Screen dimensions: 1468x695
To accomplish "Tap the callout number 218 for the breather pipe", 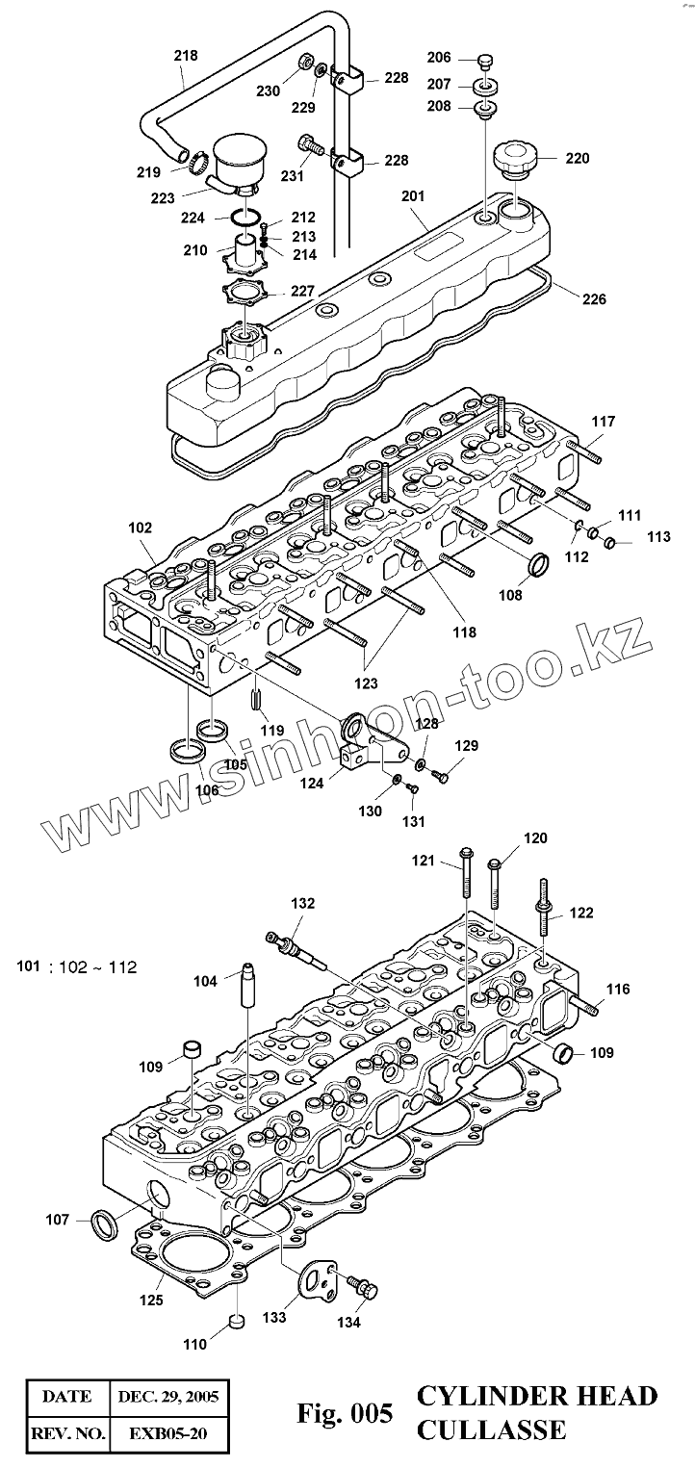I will coord(186,55).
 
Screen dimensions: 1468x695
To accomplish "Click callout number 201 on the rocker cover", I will coord(412,196).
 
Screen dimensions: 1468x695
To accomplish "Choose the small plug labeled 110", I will coord(236,1326).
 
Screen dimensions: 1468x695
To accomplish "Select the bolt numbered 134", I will coord(364,1286).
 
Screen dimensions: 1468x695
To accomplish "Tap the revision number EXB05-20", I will coord(168,1433).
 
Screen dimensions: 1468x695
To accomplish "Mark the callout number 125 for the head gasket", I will coord(150,1300).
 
